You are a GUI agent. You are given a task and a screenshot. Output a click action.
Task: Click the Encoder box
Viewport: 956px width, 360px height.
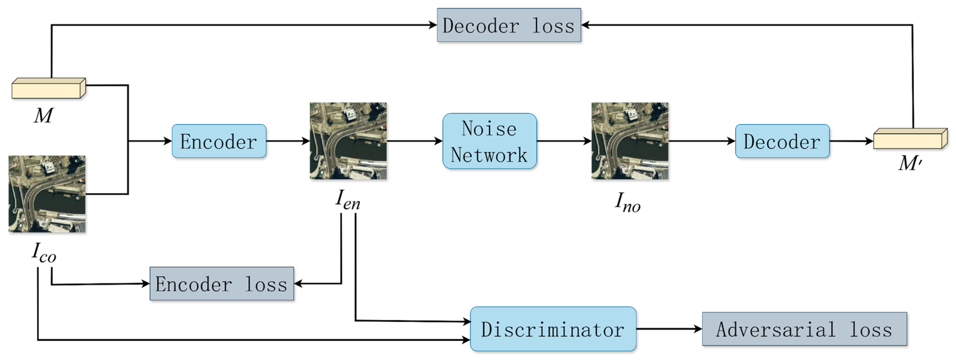tap(219, 141)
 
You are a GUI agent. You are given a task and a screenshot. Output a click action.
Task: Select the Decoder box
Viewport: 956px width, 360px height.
tap(782, 141)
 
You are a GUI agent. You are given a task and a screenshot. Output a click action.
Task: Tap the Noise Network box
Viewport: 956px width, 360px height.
tap(489, 141)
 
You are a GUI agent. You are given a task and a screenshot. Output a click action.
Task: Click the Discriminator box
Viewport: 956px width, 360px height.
tap(553, 329)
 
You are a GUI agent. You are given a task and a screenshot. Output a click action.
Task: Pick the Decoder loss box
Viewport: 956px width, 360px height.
tap(509, 25)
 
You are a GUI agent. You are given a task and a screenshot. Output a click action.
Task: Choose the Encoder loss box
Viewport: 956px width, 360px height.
tap(221, 284)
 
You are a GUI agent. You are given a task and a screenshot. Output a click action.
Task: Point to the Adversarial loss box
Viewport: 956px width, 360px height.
tap(804, 329)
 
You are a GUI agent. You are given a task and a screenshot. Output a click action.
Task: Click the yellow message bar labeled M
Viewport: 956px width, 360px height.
tap(49, 88)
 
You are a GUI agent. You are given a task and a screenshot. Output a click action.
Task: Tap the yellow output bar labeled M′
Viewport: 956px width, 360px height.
tap(910, 139)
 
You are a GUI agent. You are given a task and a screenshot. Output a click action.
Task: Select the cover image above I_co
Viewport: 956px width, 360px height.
tap(47, 194)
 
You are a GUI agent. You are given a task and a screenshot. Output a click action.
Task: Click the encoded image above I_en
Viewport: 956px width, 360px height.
tap(348, 141)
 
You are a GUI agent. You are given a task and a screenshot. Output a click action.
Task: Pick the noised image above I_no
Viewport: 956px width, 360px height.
tap(630, 141)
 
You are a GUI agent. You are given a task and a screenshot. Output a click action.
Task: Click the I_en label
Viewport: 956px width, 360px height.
tap(348, 200)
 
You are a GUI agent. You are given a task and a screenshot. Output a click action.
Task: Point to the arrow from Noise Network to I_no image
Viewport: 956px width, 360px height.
tap(564, 141)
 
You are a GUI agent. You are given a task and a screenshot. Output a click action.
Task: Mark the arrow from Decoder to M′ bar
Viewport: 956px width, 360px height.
tap(851, 141)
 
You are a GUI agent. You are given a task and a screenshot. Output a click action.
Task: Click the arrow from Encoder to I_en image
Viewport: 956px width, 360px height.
tap(288, 141)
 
